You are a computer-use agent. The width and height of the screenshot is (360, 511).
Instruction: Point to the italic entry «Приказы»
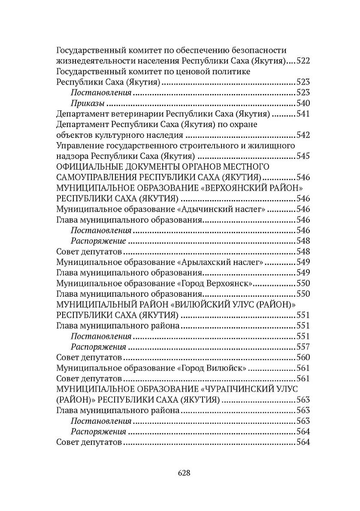[88, 103]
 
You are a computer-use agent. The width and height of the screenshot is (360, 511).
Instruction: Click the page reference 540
[303, 103]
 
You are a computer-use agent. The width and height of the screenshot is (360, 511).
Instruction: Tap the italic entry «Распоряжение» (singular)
[98, 241]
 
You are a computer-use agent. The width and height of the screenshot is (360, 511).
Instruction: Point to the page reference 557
[303, 347]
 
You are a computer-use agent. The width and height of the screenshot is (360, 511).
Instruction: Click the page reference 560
[303, 358]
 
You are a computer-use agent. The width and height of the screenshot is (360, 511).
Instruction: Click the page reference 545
[303, 156]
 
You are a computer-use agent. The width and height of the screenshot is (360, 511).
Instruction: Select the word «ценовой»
[195, 71]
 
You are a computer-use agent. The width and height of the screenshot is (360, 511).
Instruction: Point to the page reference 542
[303, 135]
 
